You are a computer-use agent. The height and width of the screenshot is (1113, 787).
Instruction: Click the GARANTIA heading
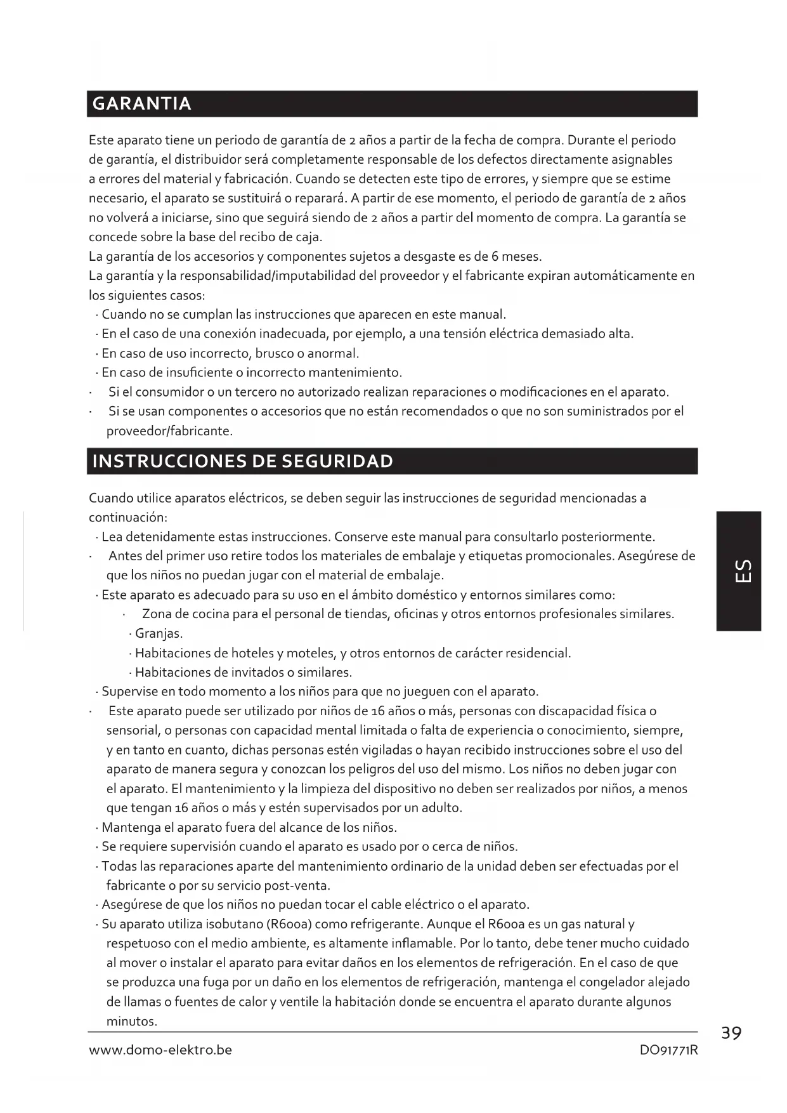point(141,103)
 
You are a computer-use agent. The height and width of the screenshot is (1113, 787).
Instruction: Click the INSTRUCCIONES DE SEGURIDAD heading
point(242,461)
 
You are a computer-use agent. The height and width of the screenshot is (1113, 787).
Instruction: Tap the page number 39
point(731,1034)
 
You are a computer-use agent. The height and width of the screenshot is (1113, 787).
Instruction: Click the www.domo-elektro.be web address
point(160,1050)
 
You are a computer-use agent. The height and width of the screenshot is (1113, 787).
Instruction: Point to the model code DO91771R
point(668,1050)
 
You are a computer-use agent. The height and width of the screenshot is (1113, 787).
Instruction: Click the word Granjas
point(159,634)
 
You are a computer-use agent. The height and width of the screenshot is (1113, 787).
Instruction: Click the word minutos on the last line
point(131,1022)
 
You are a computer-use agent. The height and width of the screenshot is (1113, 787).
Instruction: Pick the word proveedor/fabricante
point(169,431)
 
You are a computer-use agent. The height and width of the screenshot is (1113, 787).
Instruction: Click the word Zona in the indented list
point(157,614)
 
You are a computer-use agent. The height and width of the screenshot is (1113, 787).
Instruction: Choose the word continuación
point(127,518)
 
